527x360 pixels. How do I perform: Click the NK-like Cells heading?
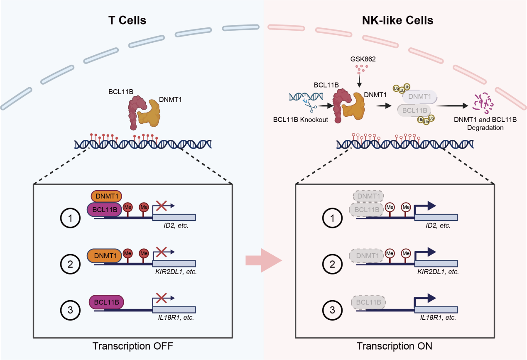[398, 20]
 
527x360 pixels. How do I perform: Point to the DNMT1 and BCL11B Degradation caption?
[485, 124]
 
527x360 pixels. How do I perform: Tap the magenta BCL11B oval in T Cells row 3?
[106, 302]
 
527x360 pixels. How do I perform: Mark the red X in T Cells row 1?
[162, 205]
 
